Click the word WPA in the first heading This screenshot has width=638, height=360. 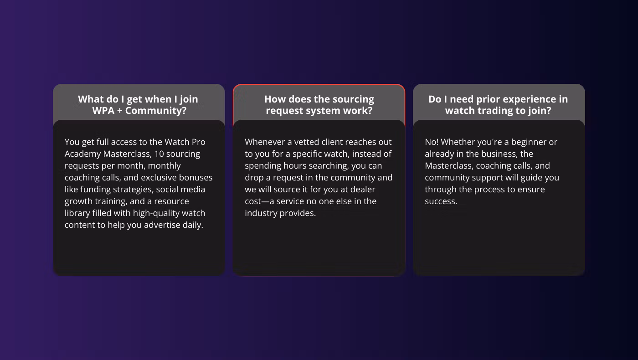[103, 110]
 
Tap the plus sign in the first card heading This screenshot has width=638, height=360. [119, 111]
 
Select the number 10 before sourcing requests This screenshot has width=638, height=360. [159, 154]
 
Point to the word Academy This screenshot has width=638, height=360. [82, 154]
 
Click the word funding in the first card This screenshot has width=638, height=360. [95, 190]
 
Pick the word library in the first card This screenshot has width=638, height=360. [77, 213]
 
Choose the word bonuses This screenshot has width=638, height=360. [196, 177]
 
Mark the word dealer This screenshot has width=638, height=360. [363, 190]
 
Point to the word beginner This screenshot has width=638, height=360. [528, 142]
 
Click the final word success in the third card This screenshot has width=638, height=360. [441, 201]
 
